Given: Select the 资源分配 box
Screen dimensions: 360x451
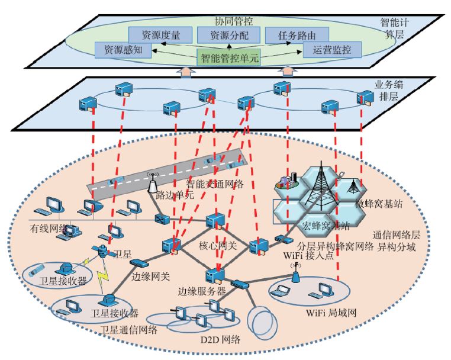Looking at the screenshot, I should pyautogui.click(x=224, y=35).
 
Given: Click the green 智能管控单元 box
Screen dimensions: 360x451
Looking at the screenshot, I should pyautogui.click(x=228, y=58).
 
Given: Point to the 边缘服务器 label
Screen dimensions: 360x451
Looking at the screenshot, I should pyautogui.click(x=202, y=291).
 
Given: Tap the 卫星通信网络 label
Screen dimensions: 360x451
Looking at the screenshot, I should pyautogui.click(x=128, y=330).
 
